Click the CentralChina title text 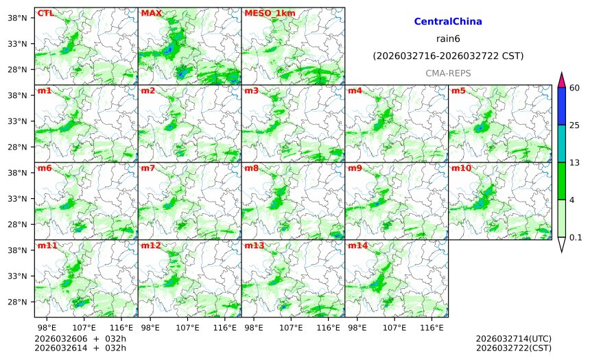[x=448, y=22]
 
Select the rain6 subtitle [x=448, y=38]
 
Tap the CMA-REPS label [x=448, y=73]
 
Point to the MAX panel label [x=151, y=13]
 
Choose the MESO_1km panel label [x=268, y=13]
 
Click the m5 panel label [x=458, y=91]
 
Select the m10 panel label [x=460, y=168]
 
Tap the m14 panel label [x=357, y=245]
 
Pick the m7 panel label [x=148, y=168]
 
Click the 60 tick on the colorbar [x=575, y=88]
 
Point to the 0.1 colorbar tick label [x=576, y=238]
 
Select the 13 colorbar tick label [x=575, y=163]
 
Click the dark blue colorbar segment [x=561, y=106]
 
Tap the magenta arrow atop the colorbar [x=561, y=80]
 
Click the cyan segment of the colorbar [x=561, y=143]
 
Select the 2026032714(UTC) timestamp [x=513, y=339]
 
